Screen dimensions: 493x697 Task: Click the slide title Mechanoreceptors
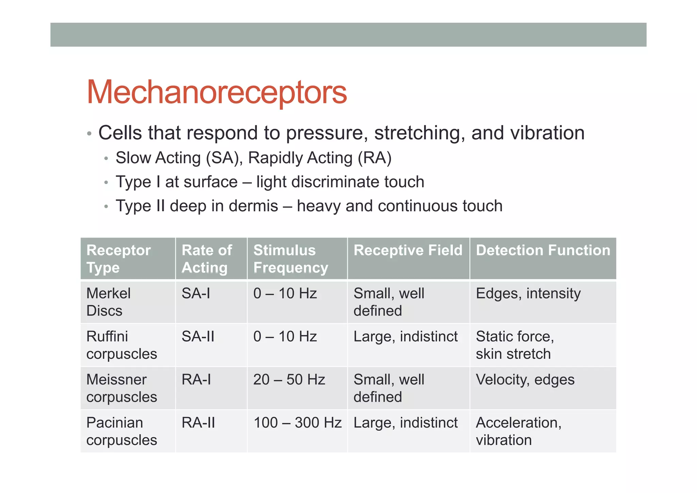pyautogui.click(x=216, y=92)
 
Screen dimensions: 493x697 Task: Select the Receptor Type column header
pyautogui.click(x=118, y=259)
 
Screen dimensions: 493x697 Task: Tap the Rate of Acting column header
pyautogui.click(x=207, y=259)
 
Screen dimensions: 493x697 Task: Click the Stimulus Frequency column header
pyautogui.click(x=291, y=259)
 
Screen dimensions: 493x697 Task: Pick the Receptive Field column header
pyautogui.click(x=408, y=250)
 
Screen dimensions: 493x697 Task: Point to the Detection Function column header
pyautogui.click(x=543, y=250)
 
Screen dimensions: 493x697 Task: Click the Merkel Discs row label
pyautogui.click(x=108, y=302)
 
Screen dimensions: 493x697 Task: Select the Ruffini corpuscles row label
pyautogui.click(x=121, y=345)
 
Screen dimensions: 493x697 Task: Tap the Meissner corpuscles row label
pyautogui.click(x=121, y=388)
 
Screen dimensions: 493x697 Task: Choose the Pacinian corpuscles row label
pyautogui.click(x=121, y=431)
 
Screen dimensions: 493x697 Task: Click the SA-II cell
pyautogui.click(x=198, y=337)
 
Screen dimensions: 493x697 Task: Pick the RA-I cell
pyautogui.click(x=196, y=380)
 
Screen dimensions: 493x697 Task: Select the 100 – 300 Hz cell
pyautogui.click(x=297, y=423)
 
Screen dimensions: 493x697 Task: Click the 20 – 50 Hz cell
pyautogui.click(x=289, y=380)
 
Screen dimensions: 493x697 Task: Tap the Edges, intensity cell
pyautogui.click(x=528, y=294)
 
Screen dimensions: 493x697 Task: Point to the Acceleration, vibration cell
pyautogui.click(x=518, y=431)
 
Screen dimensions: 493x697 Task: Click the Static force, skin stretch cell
pyautogui.click(x=515, y=345)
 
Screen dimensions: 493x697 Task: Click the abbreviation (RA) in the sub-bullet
pyautogui.click(x=375, y=158)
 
